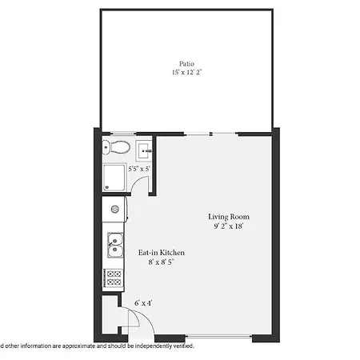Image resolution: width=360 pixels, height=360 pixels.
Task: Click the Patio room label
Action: (186, 64)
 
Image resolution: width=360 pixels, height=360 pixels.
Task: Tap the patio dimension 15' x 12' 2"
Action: (186, 72)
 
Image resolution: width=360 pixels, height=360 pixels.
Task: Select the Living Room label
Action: (229, 217)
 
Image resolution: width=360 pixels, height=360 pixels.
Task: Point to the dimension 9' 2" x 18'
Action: (229, 226)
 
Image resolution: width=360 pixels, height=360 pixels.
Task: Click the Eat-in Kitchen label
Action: (162, 253)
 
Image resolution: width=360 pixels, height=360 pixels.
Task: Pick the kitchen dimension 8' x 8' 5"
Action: (162, 262)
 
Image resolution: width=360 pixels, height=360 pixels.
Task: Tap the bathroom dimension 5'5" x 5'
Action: (139, 169)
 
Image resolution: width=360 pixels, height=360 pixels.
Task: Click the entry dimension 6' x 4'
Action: (143, 303)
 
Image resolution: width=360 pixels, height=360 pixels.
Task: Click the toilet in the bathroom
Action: (116, 147)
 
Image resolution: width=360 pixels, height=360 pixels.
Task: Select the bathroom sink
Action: (144, 150)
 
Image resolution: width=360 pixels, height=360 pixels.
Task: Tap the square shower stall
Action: (114, 178)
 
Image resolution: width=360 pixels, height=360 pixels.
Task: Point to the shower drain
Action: (107, 187)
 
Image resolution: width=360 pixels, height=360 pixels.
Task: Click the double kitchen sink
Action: (115, 245)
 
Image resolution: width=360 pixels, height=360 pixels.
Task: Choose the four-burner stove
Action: (114, 278)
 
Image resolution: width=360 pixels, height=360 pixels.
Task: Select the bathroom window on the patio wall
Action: (123, 133)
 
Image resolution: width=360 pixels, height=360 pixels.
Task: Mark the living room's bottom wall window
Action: (218, 337)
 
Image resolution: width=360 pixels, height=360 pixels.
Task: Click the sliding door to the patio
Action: (210, 134)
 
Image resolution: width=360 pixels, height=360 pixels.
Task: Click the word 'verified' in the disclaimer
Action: (184, 346)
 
